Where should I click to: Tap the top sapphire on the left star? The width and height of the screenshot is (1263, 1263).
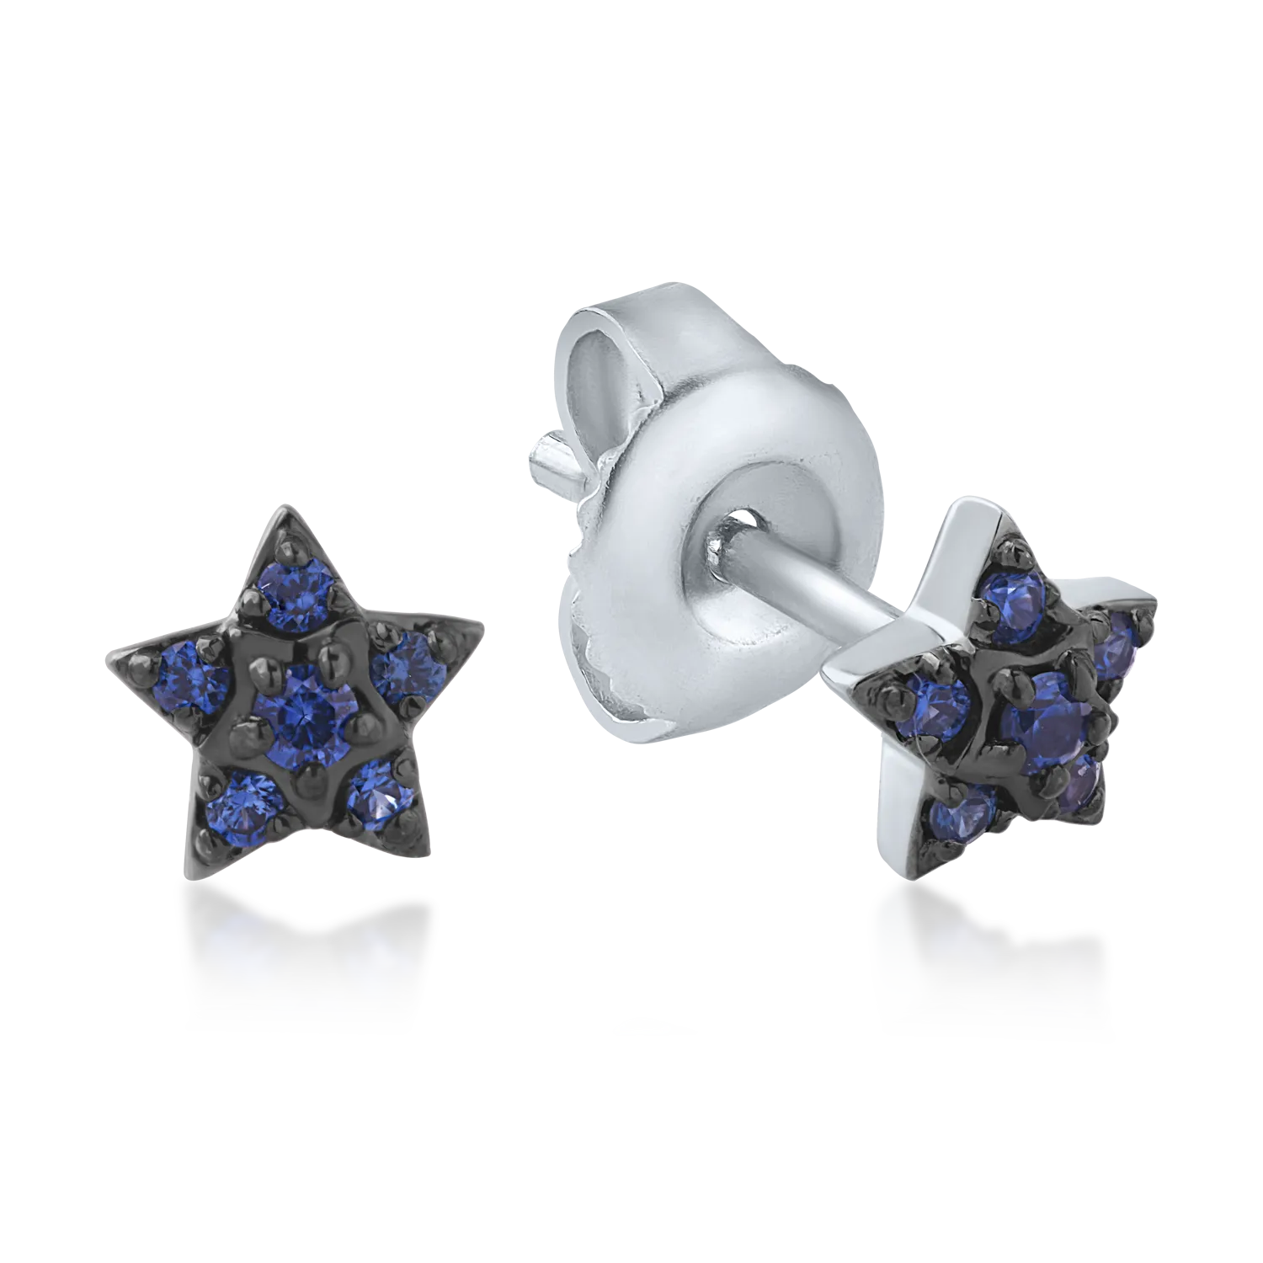297,586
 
